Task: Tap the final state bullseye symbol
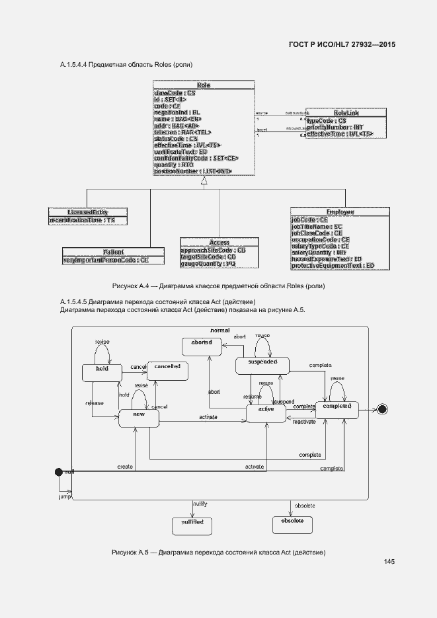click(381, 409)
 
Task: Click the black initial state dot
click(58, 471)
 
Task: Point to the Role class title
click(203, 85)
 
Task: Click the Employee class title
click(340, 212)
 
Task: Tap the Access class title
click(219, 243)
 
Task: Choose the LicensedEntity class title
click(87, 212)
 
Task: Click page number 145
click(389, 562)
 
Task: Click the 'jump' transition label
click(65, 496)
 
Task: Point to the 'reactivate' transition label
click(304, 421)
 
